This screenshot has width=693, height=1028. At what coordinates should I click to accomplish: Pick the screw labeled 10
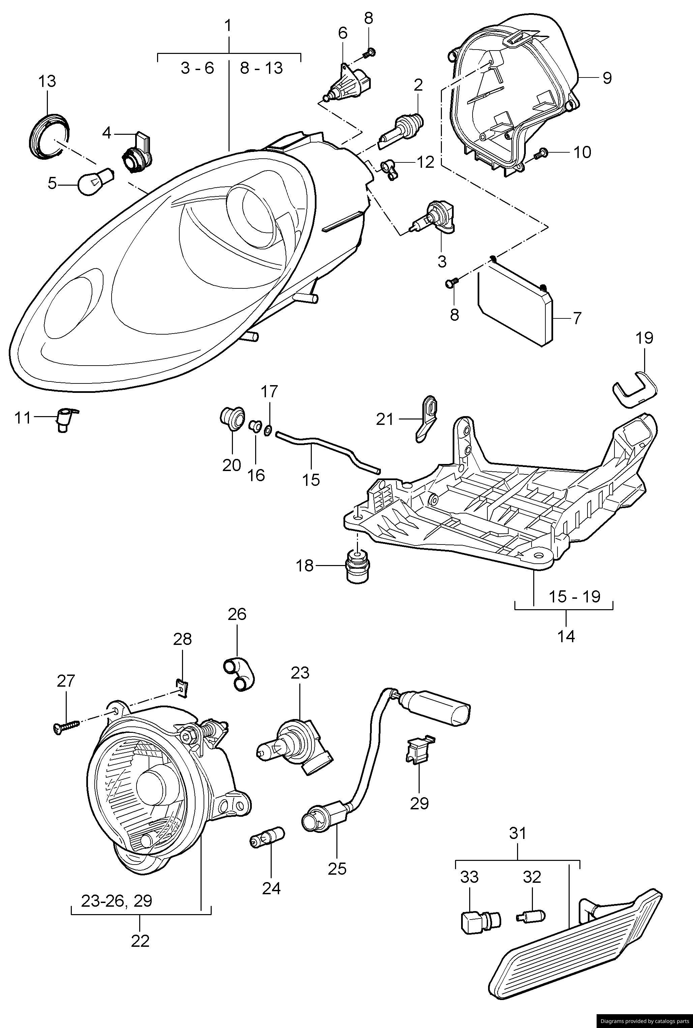point(540,154)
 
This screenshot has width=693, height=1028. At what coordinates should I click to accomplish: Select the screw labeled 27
point(66,726)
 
